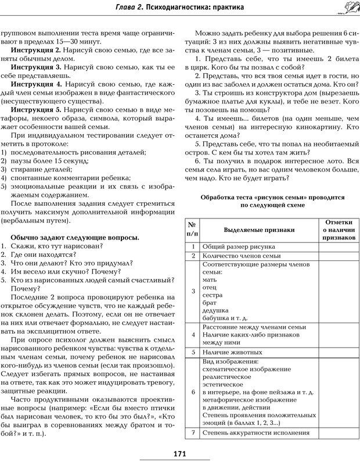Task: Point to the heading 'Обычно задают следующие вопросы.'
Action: coord(74,238)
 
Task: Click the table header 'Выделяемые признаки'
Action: coord(260,230)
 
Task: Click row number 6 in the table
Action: coord(193,392)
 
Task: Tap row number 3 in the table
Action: coord(193,291)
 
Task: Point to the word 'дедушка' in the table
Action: coord(215,310)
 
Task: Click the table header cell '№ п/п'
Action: coord(193,230)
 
